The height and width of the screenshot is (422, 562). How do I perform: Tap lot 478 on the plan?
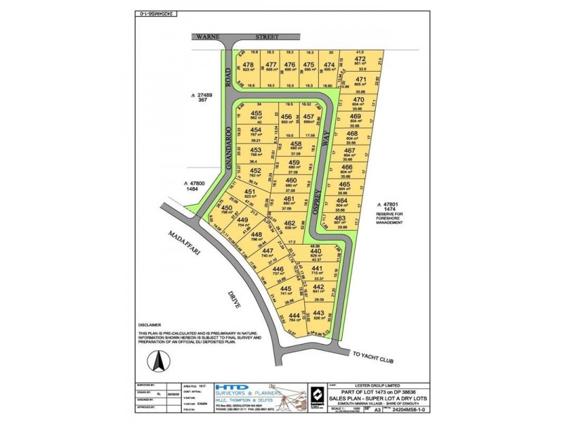247,65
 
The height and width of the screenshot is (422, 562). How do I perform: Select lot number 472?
360,59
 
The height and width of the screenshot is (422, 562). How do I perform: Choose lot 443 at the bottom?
319,315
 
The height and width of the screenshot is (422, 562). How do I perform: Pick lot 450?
226,209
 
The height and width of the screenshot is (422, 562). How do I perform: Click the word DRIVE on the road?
235,298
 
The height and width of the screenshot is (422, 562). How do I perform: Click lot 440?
315,252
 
